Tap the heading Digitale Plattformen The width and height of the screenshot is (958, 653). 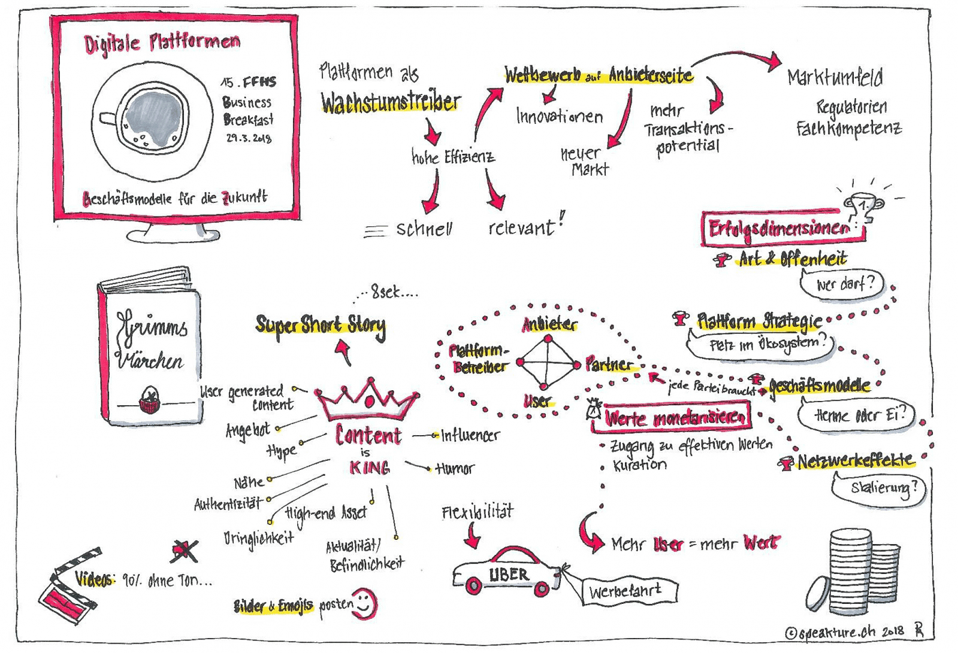click(162, 42)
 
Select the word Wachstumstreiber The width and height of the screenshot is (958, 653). click(391, 102)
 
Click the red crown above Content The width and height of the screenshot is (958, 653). click(367, 399)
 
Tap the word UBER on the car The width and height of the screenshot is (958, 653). click(509, 575)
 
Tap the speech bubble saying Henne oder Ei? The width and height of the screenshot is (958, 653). click(856, 415)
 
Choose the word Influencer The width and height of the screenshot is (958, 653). click(470, 436)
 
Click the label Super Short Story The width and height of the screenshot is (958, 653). click(321, 325)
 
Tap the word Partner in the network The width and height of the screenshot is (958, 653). click(609, 364)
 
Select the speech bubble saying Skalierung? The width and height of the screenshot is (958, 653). click(878, 488)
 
